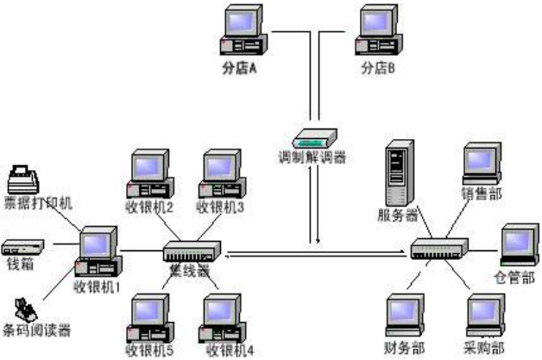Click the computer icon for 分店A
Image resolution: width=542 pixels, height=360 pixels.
tap(241, 30)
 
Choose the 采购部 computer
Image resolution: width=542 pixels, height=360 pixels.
tap(485, 318)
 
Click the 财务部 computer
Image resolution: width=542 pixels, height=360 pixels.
tap(406, 318)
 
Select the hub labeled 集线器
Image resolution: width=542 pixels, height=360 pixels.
tap(192, 251)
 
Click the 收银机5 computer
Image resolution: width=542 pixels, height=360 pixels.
tap(148, 319)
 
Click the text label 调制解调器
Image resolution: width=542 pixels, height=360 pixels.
tap(312, 159)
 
